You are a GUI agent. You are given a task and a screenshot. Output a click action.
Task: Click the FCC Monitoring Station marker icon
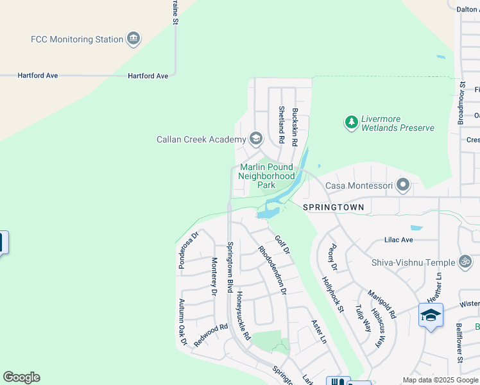pos(133,39)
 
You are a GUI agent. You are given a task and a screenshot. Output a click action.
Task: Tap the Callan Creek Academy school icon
pos(256,139)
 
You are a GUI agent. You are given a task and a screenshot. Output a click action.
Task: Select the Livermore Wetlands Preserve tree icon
pos(351,122)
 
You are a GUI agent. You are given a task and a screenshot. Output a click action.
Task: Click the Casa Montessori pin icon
pos(403,185)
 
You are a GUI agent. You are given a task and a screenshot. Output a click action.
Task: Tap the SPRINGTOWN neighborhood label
pos(333,207)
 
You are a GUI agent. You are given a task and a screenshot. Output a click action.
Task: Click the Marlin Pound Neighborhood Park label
pos(266,175)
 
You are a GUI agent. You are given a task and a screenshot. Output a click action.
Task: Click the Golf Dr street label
pos(282,244)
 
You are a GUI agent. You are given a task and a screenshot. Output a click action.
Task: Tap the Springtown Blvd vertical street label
pos(230,267)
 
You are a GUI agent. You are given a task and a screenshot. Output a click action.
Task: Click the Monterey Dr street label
pos(214,276)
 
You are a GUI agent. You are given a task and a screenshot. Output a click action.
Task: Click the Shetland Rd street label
pos(281,124)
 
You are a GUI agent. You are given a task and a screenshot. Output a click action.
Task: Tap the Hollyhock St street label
pos(332,294)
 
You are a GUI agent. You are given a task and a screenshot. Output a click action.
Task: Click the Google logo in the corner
pos(21,377)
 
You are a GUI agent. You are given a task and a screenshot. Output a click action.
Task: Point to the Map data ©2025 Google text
pos(440,380)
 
